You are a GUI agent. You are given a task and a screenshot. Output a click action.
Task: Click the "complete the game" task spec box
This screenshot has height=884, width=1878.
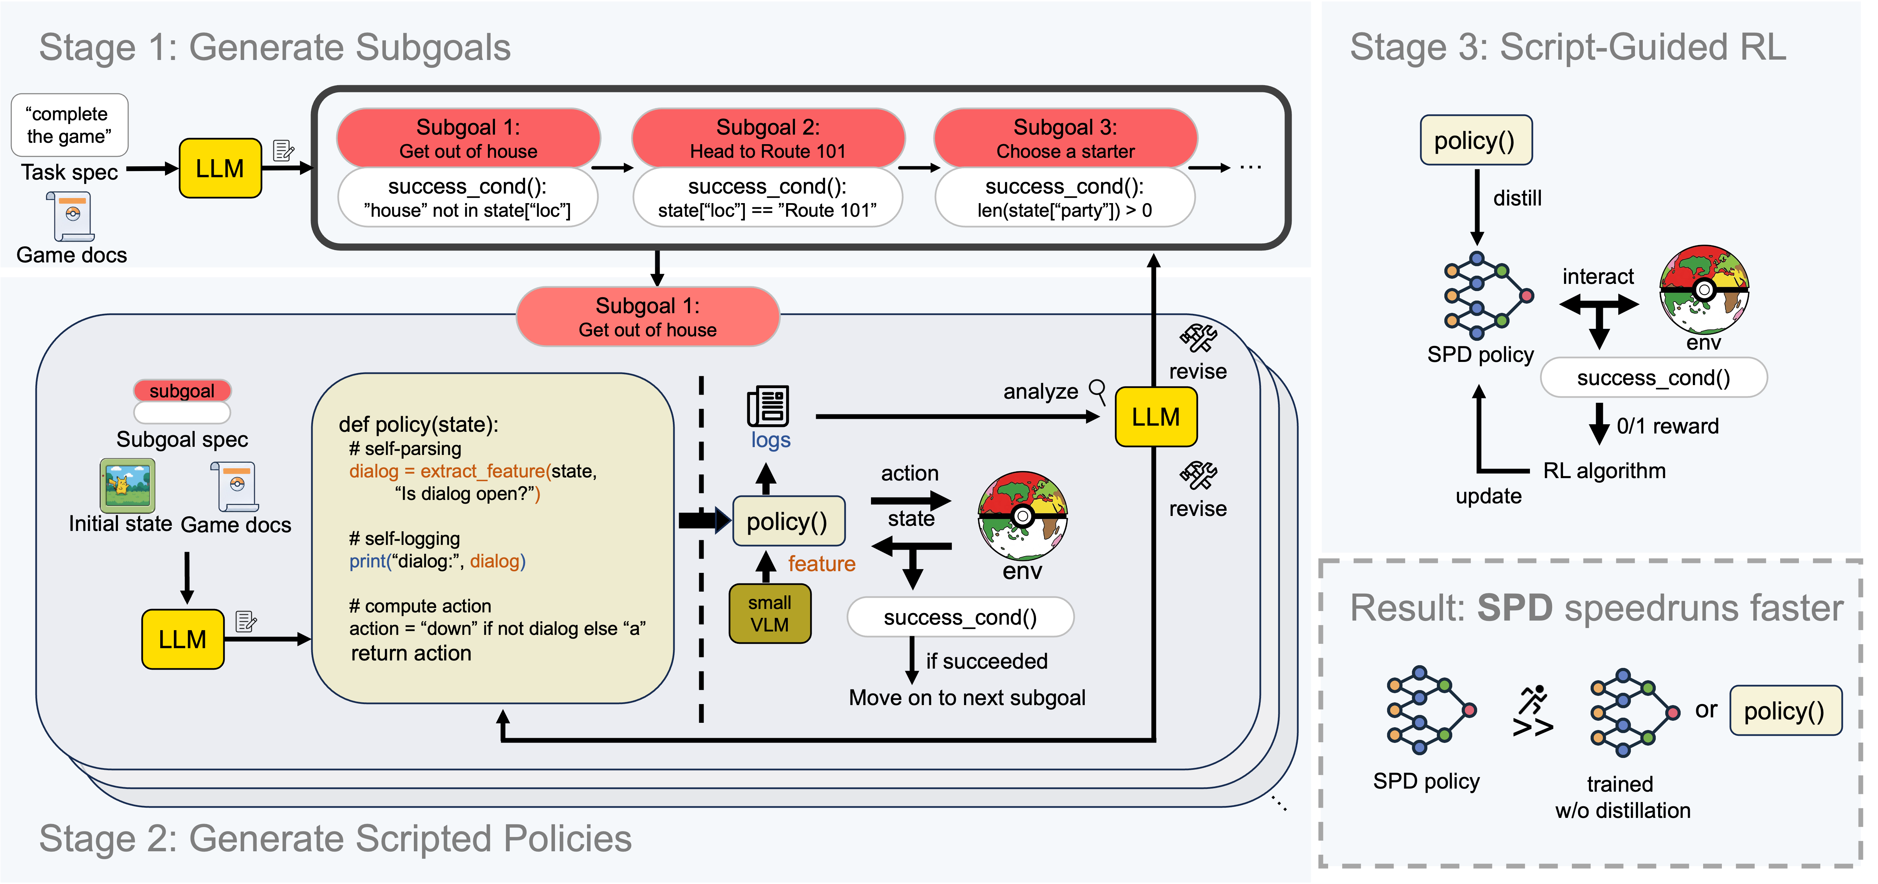(69, 125)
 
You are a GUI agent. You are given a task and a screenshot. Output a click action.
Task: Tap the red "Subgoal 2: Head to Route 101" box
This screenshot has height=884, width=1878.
(768, 138)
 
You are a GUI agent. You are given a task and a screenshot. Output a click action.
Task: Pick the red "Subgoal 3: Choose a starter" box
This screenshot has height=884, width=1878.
(1065, 138)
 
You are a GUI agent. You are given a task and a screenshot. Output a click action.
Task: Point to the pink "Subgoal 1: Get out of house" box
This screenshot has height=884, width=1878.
(647, 317)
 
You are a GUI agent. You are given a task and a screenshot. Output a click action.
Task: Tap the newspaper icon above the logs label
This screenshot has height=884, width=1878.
(768, 406)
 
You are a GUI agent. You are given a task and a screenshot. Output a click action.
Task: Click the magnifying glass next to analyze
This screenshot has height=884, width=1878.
(1097, 391)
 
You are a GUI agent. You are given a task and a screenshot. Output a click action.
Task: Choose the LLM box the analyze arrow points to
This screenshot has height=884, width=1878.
(1156, 417)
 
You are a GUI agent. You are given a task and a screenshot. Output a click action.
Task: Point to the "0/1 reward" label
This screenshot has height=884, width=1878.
(1667, 426)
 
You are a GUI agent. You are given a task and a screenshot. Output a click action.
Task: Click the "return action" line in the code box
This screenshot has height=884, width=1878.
(411, 653)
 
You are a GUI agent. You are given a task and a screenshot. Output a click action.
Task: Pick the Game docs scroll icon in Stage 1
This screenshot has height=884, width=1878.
(72, 216)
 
